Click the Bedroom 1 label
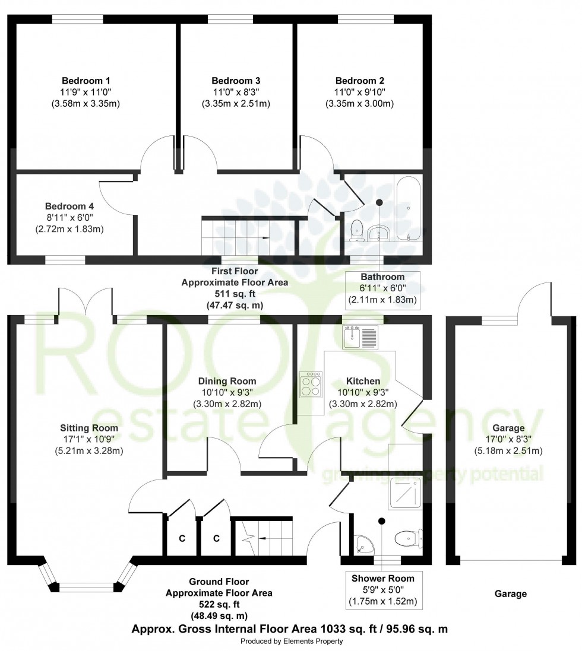(x=86, y=81)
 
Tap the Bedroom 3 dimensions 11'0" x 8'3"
(x=236, y=92)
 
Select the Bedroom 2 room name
(x=359, y=81)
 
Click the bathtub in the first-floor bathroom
(x=409, y=208)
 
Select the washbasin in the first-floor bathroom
(x=379, y=233)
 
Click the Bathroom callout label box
(x=382, y=289)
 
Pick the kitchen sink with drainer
(x=360, y=338)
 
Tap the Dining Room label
(x=229, y=381)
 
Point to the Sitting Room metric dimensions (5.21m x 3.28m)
(x=88, y=450)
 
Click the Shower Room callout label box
(x=382, y=589)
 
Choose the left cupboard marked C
(x=182, y=538)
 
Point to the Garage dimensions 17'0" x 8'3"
(x=508, y=439)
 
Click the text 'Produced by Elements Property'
(x=291, y=642)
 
